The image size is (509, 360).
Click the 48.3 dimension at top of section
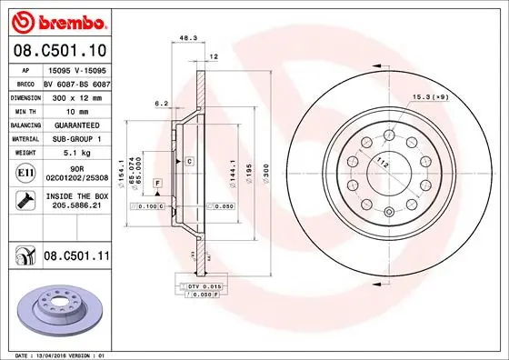coord(189,39)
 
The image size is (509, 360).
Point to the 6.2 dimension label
coord(159,104)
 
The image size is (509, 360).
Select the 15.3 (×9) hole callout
coord(432,97)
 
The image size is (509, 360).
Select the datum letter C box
coord(189,161)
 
